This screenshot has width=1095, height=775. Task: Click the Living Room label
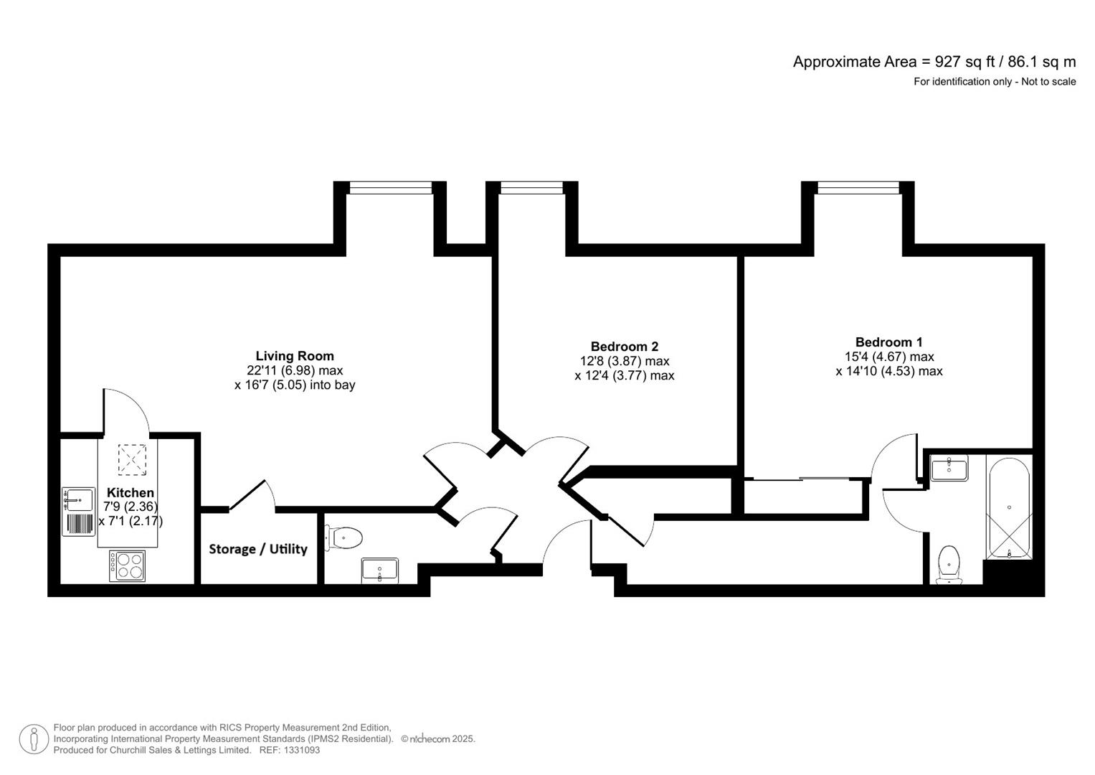click(x=295, y=356)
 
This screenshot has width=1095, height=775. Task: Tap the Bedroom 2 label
click(x=624, y=347)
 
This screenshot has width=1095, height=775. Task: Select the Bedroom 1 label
click(x=888, y=342)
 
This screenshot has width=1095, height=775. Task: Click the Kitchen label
click(x=131, y=493)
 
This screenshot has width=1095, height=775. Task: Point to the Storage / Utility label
click(x=258, y=549)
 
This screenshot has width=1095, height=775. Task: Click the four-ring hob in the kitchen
click(x=127, y=565)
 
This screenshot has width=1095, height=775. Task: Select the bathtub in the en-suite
click(x=1009, y=507)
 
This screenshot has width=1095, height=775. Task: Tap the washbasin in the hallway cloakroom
click(x=379, y=570)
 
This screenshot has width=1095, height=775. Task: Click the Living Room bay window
click(x=390, y=187)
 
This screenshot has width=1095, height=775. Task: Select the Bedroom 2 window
click(x=531, y=187)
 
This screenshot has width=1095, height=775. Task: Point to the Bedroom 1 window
click(x=858, y=187)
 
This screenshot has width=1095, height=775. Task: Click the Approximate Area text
click(x=934, y=62)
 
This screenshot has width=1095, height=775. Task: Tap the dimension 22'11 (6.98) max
click(x=294, y=371)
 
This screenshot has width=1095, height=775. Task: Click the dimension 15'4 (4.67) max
click(x=888, y=357)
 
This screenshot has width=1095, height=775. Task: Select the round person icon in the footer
click(x=34, y=739)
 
